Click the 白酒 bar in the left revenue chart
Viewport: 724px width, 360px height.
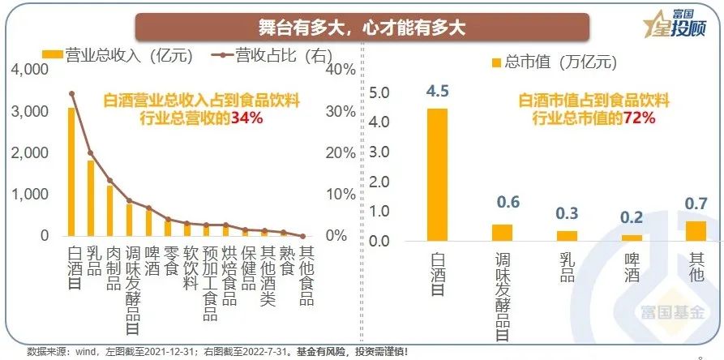(71, 172)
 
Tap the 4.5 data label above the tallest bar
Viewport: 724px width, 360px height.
(438, 89)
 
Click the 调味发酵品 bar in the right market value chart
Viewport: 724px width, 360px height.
(503, 233)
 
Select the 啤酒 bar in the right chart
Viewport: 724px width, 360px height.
(632, 238)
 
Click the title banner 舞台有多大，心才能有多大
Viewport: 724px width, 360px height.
(362, 26)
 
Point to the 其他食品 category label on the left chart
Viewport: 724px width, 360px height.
(306, 276)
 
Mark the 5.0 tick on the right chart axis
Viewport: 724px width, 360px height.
(381, 93)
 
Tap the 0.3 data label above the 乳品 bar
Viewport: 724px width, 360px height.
(568, 213)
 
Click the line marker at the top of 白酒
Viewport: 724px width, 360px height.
(71, 94)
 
